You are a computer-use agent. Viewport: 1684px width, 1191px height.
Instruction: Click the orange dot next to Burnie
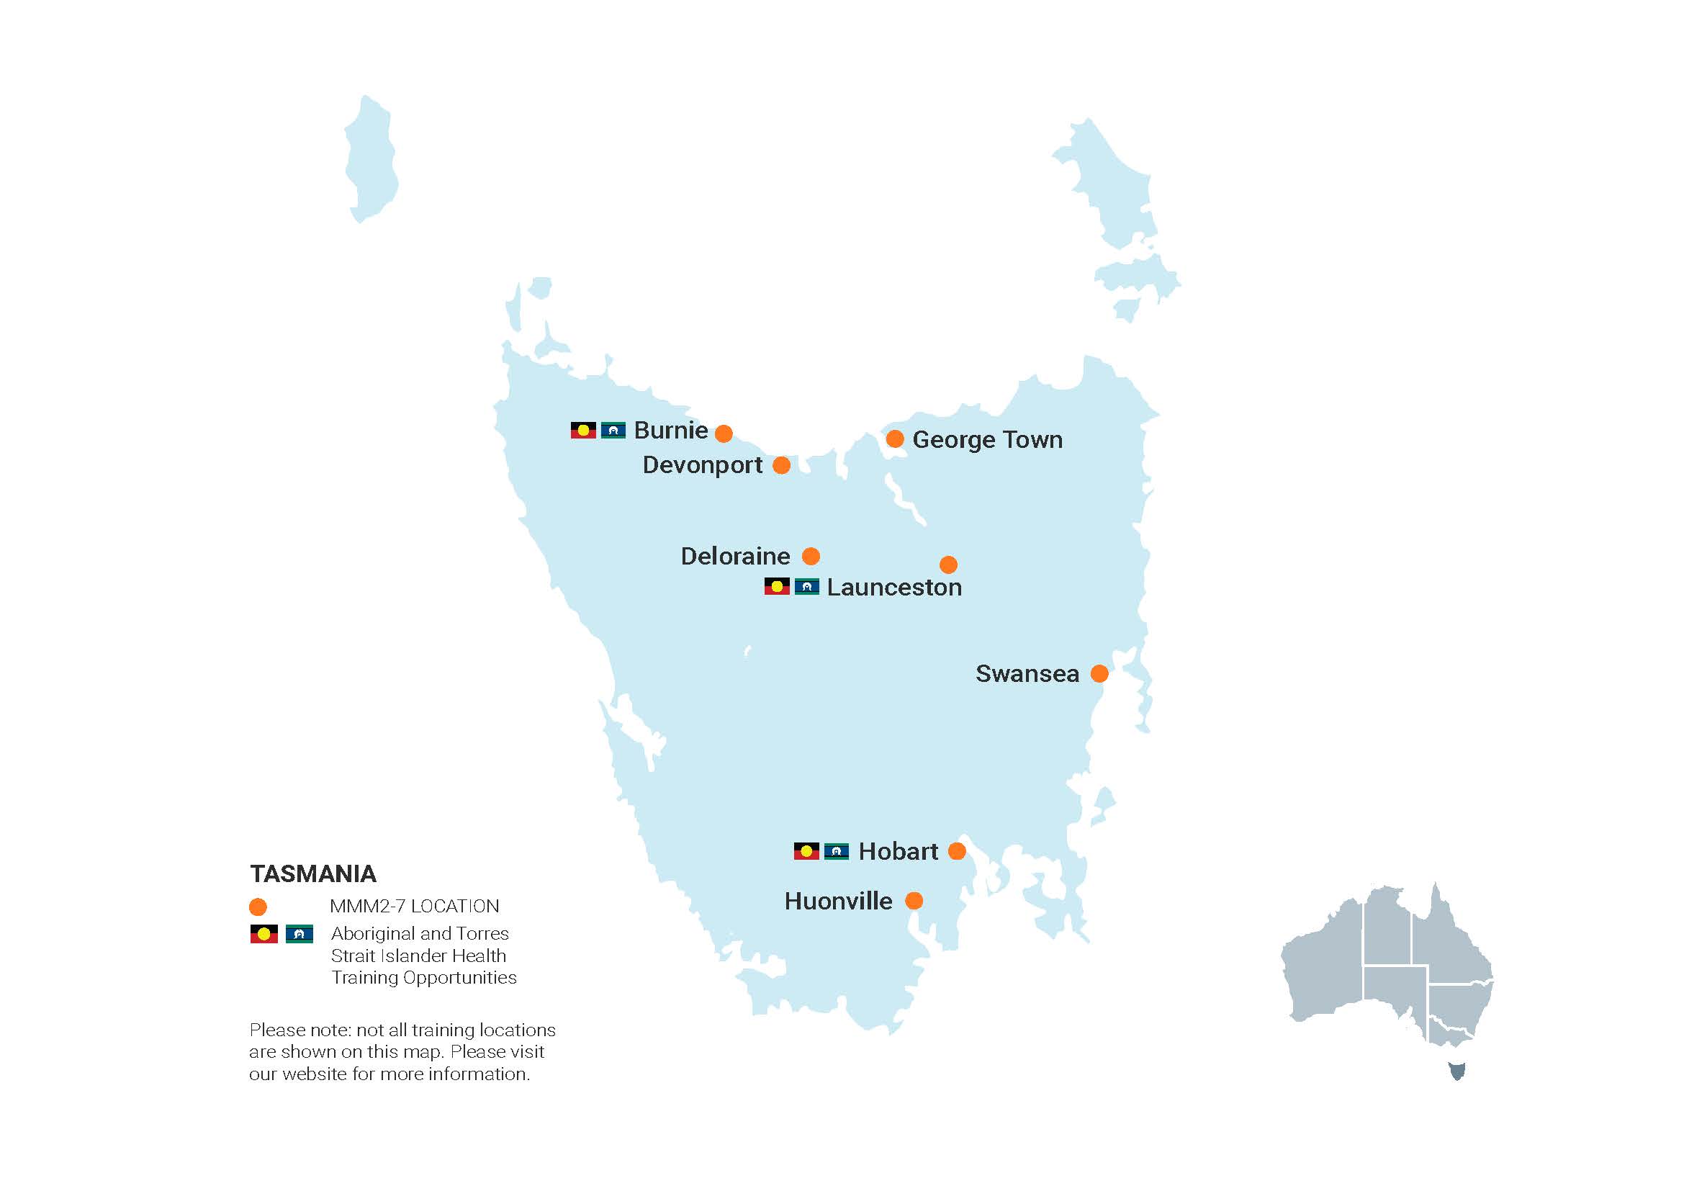(723, 433)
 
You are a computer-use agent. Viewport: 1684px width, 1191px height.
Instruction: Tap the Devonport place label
(702, 465)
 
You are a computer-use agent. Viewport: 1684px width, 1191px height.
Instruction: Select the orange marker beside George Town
(894, 439)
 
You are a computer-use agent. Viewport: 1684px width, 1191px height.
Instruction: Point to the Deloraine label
(735, 556)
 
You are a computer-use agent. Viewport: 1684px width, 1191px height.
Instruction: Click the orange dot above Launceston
(947, 565)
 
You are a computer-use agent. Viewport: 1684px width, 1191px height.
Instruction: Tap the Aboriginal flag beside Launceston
(777, 587)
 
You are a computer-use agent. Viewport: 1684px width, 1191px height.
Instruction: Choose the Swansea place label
(1027, 673)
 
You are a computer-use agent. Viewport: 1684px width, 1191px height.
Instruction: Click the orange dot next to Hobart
(956, 850)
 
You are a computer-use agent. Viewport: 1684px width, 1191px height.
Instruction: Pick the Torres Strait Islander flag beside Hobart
(836, 851)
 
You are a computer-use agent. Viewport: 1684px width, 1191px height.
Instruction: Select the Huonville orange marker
(913, 901)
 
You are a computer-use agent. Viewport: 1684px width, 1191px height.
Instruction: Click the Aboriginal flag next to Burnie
(583, 431)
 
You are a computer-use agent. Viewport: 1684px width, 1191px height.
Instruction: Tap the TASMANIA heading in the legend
(313, 873)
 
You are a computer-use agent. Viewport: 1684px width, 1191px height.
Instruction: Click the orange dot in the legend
(258, 907)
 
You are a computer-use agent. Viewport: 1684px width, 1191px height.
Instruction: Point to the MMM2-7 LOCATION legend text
(415, 907)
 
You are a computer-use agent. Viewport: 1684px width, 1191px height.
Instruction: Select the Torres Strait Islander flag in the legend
(300, 935)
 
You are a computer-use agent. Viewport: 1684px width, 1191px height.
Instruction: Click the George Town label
(986, 439)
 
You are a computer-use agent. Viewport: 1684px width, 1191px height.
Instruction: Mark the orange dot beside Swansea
(1099, 673)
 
